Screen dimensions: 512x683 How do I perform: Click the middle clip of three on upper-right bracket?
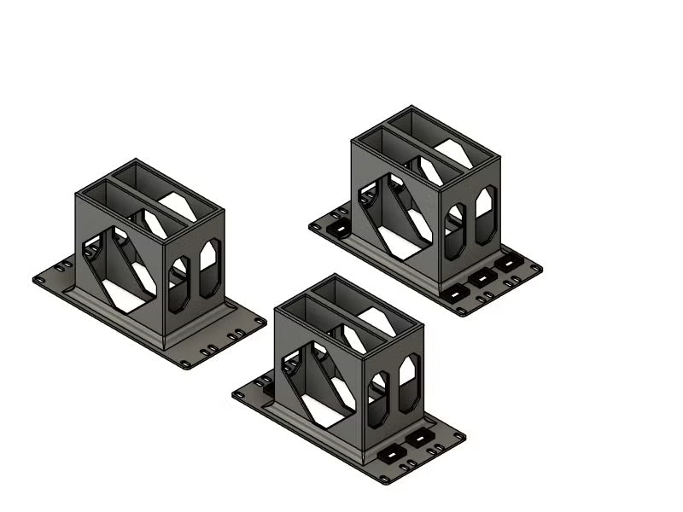point(483,277)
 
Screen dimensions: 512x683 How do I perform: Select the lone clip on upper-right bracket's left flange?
point(338,230)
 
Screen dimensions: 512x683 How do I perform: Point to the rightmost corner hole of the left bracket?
point(260,321)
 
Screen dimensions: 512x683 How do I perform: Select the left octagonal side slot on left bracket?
point(179,284)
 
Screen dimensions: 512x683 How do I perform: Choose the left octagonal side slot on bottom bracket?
point(377,399)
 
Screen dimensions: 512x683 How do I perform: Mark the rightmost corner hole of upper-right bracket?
point(536,268)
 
